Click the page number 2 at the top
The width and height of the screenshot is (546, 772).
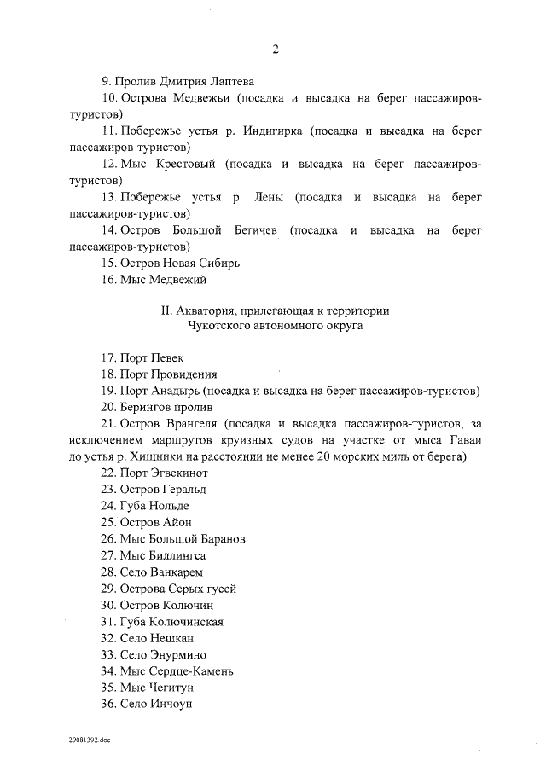click(276, 49)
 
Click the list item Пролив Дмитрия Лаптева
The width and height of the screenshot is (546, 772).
click(178, 83)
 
